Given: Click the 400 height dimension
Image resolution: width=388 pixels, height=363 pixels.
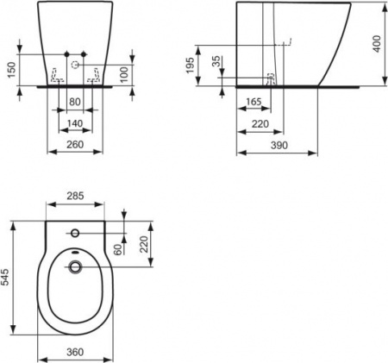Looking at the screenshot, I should [x=374, y=43].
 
